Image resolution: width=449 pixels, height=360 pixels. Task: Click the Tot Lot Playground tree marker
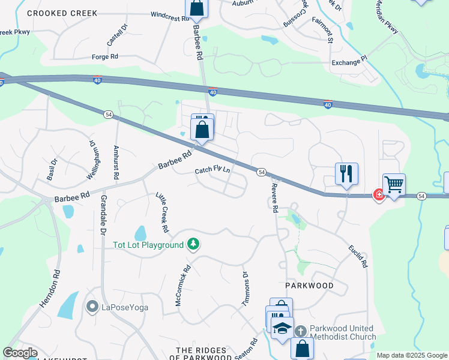[x=193, y=244]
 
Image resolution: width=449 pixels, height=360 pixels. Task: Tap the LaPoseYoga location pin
[x=92, y=307]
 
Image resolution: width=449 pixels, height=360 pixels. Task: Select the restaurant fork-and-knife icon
[x=346, y=174]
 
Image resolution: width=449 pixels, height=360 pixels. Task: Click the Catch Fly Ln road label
[x=212, y=170]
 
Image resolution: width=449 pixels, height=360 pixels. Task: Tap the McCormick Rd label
[x=181, y=286]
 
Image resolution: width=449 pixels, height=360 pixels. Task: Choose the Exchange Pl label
[x=349, y=61]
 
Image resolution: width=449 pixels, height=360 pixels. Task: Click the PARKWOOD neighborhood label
[x=309, y=286]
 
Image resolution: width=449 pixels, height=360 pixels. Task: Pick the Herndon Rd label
[x=50, y=289]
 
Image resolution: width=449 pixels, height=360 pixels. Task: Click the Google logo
[x=20, y=353]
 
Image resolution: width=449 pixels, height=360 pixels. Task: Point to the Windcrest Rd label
[x=170, y=17]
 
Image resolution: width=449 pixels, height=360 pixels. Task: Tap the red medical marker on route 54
[x=379, y=194]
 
